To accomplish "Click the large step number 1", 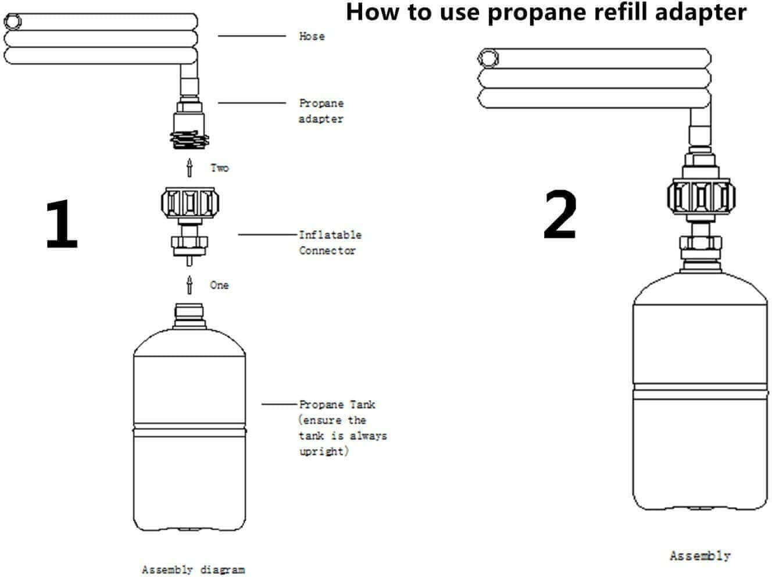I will click(x=62, y=224).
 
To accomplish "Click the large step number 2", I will click(x=560, y=216).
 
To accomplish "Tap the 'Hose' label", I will click(x=312, y=36).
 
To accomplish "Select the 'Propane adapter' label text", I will click(x=321, y=110).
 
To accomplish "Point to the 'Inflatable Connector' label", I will click(x=330, y=242).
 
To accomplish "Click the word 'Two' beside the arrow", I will click(x=220, y=168).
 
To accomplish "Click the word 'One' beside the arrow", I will click(x=219, y=285).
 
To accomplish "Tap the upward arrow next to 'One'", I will click(x=189, y=285).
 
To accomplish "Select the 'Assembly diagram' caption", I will click(x=193, y=569).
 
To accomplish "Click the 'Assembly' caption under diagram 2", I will click(x=699, y=556).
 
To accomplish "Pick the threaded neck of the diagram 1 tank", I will click(x=190, y=312).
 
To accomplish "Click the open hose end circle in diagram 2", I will click(x=488, y=58).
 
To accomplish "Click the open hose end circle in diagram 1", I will click(x=12, y=23).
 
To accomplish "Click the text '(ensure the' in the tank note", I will click(x=332, y=420).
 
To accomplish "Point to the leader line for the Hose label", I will click(x=252, y=36).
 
